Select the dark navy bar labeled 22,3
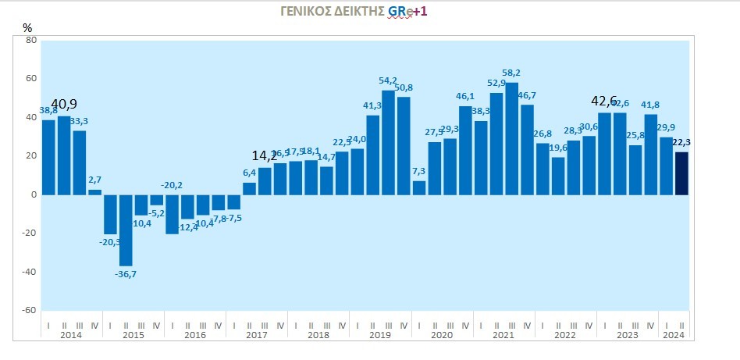point(681,173)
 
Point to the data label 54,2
point(388,80)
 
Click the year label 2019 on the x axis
point(380,335)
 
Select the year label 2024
point(674,335)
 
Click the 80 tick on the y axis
point(32,41)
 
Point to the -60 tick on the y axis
point(30,310)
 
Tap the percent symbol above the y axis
point(27,27)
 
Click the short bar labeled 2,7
point(94,191)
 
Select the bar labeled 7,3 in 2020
point(419,187)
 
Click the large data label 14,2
point(265,155)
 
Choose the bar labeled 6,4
point(249,188)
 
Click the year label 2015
point(133,335)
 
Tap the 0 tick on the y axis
point(34,194)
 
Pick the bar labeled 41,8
point(650,154)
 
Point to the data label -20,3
point(110,242)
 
